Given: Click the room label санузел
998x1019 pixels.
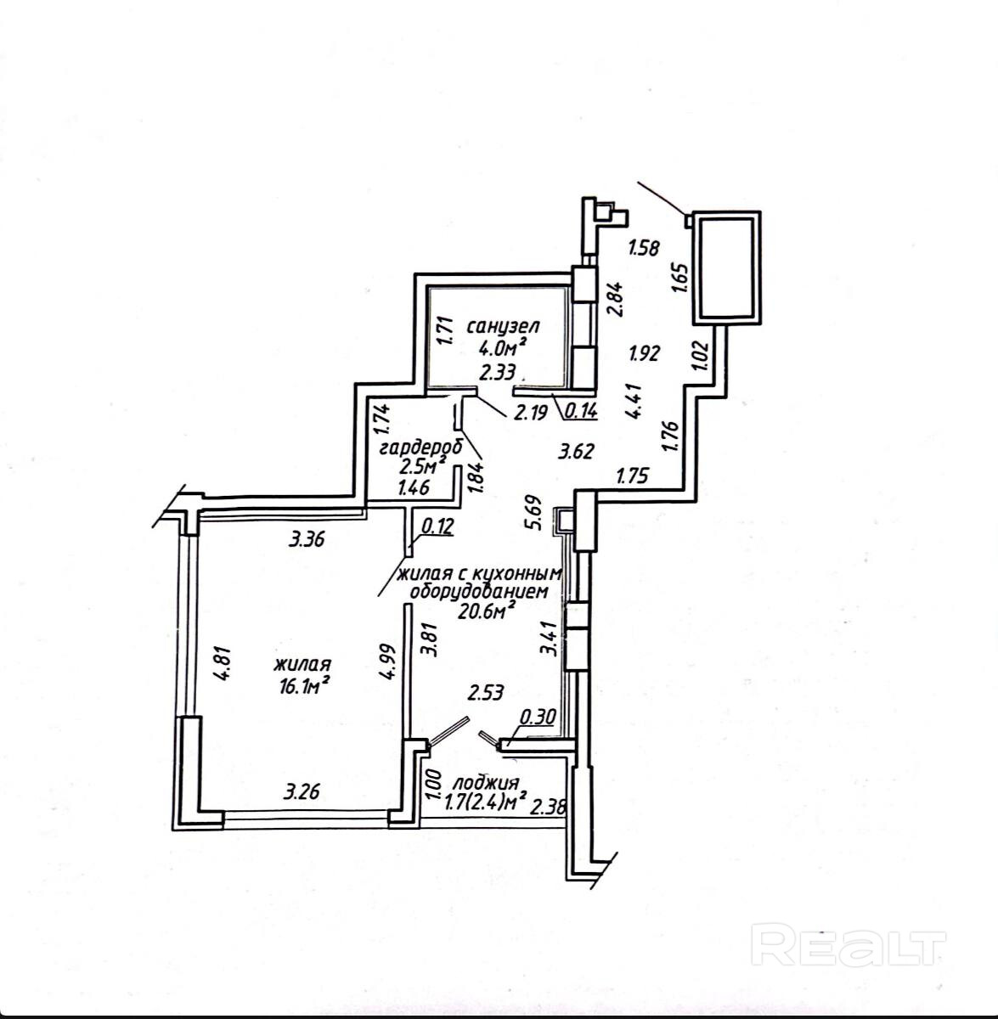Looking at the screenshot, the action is (504, 325).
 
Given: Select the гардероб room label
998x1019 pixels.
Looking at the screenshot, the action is (409, 448).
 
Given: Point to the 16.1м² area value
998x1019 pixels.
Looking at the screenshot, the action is (302, 687).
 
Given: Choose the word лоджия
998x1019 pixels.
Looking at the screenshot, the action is (486, 782).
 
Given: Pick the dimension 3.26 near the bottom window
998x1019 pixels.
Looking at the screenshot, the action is (302, 793).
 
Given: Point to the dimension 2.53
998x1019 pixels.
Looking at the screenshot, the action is (487, 693).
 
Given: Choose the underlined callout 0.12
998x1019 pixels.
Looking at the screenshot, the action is (437, 526).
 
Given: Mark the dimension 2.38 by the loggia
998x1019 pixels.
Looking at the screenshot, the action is (548, 808).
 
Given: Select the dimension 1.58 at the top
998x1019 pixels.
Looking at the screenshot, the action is (643, 249).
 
